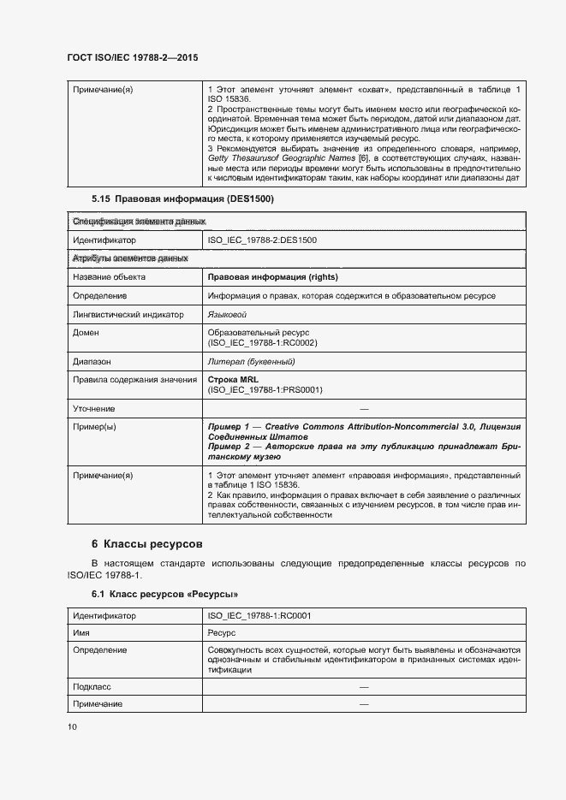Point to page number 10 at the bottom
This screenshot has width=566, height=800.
coord(72,726)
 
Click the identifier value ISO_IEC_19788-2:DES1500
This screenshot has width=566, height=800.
coord(262,240)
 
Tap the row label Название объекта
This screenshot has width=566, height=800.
coord(109,277)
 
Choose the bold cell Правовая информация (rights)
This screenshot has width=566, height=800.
coord(272,277)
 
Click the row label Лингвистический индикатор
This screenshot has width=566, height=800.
coord(128,315)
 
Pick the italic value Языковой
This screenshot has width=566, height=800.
coord(227,315)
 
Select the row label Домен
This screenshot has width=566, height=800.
coord(86,332)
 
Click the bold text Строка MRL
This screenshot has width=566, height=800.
coord(233,379)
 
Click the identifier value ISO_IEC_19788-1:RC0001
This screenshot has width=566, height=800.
coord(259,615)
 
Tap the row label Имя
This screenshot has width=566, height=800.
coord(81,632)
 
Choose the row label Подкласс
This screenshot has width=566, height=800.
coord(92,687)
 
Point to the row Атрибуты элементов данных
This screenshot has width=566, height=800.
coord(130,258)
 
